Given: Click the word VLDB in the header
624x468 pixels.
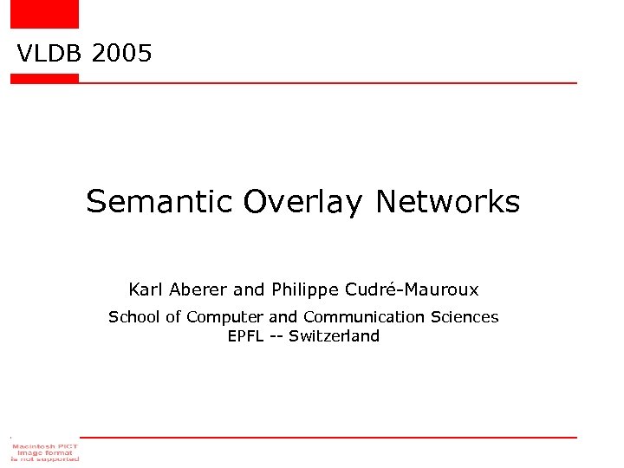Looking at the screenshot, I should pos(49,54).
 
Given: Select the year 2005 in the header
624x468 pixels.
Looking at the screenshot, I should pos(121,54).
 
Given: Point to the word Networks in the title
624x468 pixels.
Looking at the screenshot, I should pos(447,202).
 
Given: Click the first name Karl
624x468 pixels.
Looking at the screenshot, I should pos(141,289).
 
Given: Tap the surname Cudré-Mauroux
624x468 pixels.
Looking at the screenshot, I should pos(411,289).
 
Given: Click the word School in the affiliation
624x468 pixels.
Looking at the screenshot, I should pos(133,317).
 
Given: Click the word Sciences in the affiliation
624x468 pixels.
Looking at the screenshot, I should pos(465,317).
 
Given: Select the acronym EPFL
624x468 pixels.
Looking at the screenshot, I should pos(245,336).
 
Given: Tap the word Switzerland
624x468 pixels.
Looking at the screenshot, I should pos(334,336).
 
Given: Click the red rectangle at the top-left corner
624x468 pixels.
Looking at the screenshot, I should pos(44,13).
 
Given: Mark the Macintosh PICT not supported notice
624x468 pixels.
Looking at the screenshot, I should pos(44,451).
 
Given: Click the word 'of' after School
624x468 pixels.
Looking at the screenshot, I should pos(173,317).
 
